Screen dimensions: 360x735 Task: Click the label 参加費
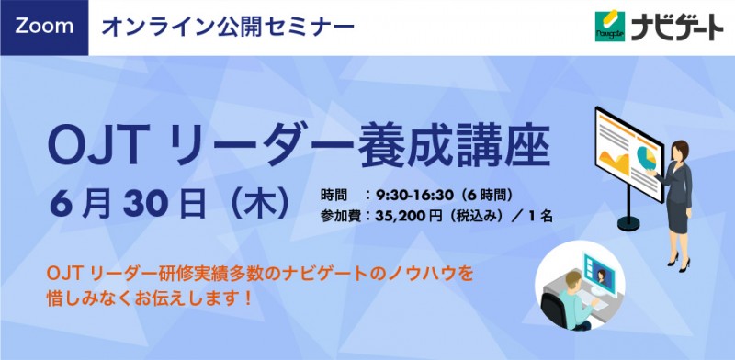pyautogui.click(x=340, y=218)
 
